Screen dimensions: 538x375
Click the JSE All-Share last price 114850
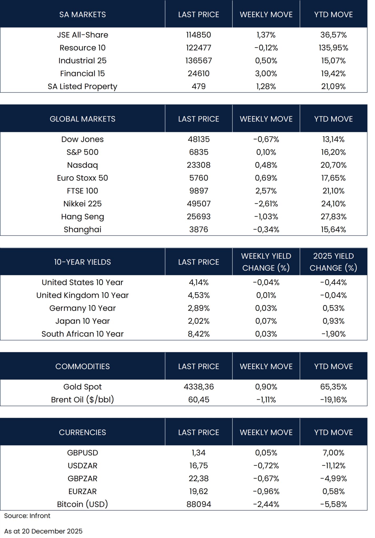(199, 35)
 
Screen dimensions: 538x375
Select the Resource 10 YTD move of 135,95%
(333, 48)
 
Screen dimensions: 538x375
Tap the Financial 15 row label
(82, 74)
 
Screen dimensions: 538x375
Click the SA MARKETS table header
(82, 14)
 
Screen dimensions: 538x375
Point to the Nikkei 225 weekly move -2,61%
(266, 204)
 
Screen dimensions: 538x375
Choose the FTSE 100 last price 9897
(199, 191)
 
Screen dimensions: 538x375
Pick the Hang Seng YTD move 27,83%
(333, 217)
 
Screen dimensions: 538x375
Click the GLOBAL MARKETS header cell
(82, 119)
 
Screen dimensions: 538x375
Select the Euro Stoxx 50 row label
(82, 178)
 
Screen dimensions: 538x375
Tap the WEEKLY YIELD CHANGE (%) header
(266, 262)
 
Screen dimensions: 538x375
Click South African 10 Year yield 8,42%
(199, 334)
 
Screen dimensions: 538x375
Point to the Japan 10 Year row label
(82, 321)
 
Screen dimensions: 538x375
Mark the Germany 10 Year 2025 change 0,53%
(333, 308)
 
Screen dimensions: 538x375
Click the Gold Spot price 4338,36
(199, 387)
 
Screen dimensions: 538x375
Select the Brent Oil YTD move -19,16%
(333, 400)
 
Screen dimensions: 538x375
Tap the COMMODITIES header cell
(82, 366)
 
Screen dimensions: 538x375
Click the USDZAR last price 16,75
(199, 466)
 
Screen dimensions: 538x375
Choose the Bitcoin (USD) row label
(82, 504)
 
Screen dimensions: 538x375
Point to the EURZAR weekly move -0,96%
(266, 492)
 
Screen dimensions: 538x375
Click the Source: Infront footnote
(27, 516)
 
